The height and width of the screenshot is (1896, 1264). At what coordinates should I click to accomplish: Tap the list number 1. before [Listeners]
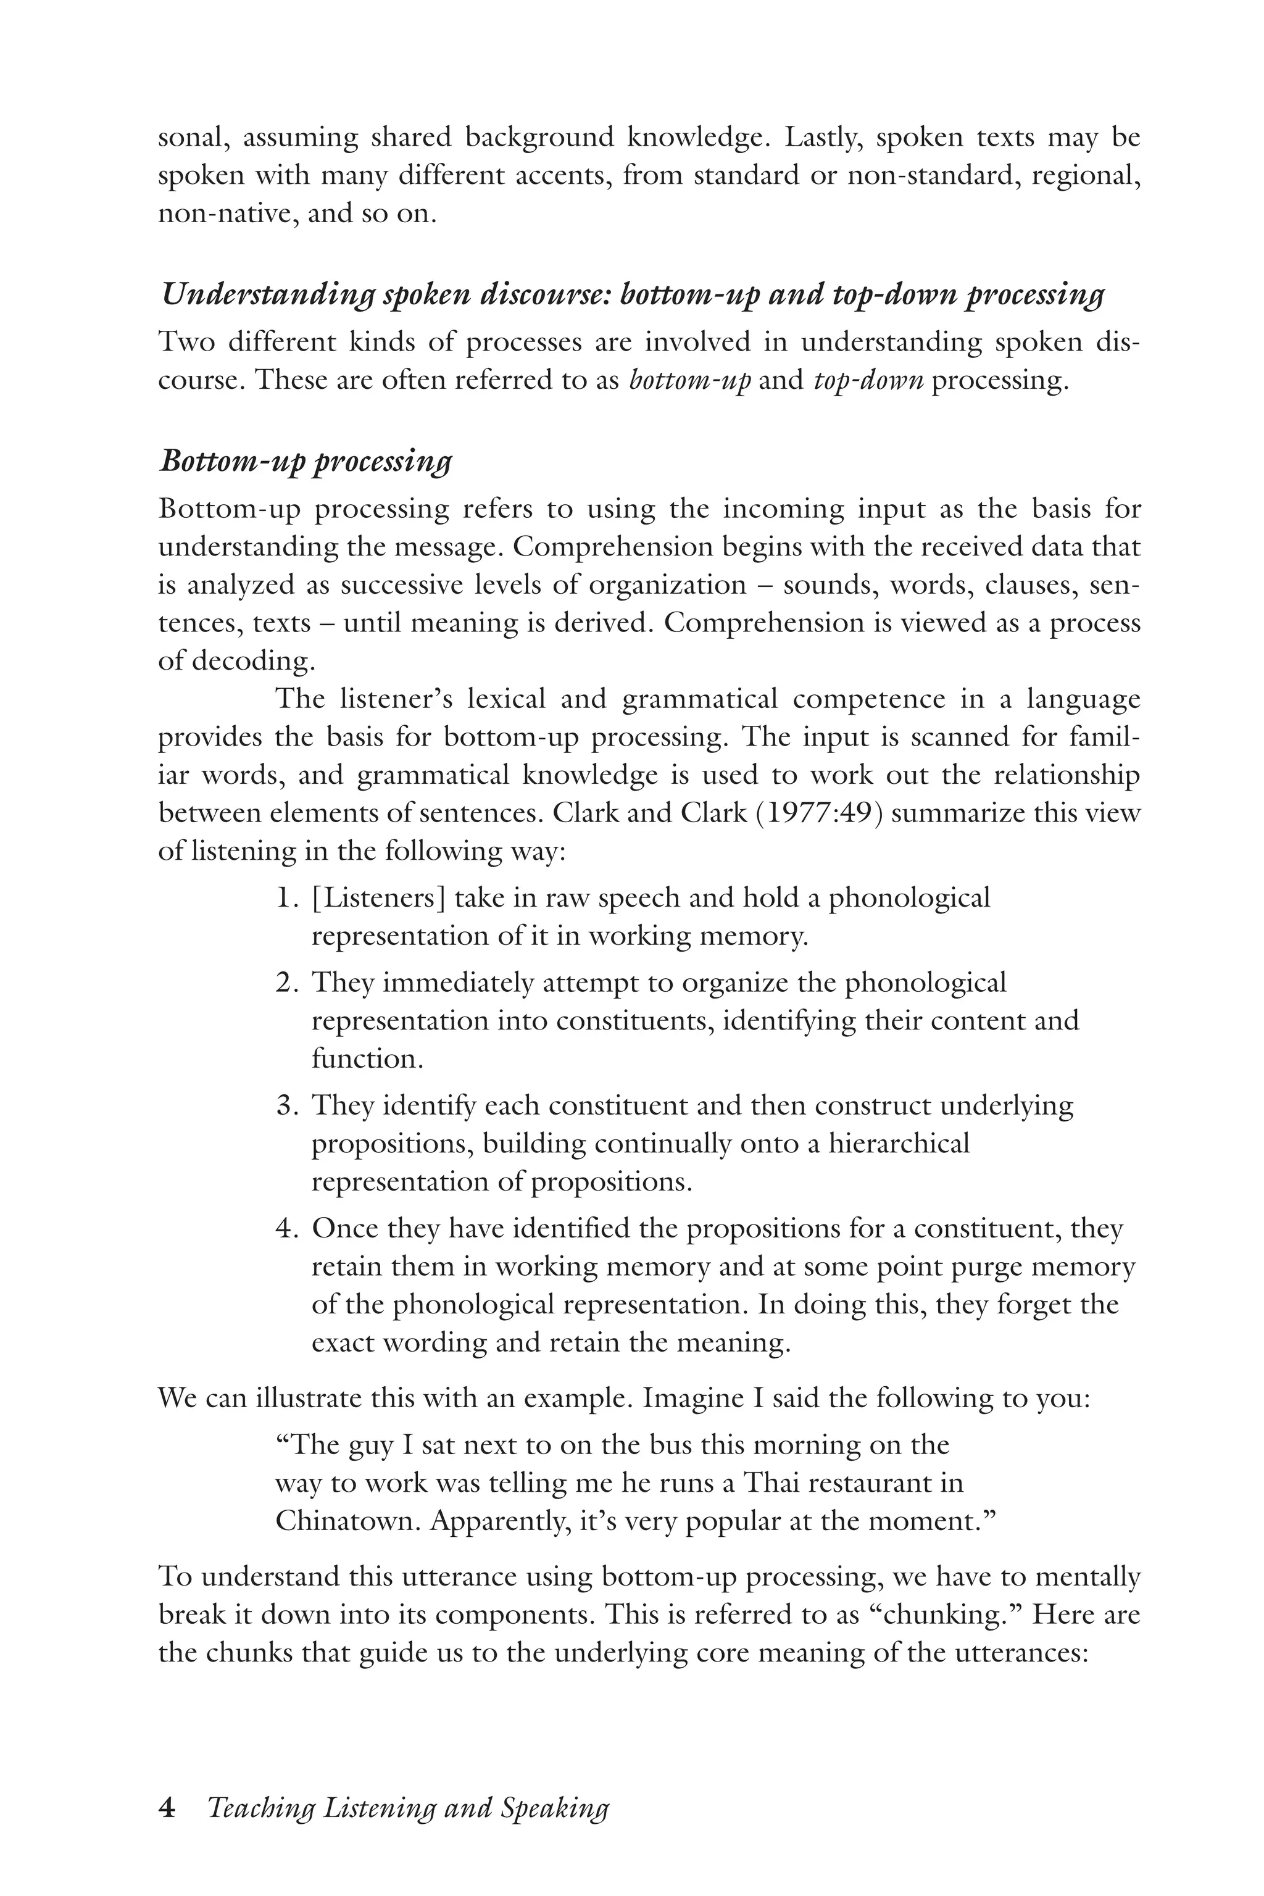[286, 898]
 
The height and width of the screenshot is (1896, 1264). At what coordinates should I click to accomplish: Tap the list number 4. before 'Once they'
[286, 1229]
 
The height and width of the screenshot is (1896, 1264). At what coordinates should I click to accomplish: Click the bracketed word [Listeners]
[378, 898]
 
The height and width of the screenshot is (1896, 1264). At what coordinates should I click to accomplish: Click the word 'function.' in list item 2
[368, 1058]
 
